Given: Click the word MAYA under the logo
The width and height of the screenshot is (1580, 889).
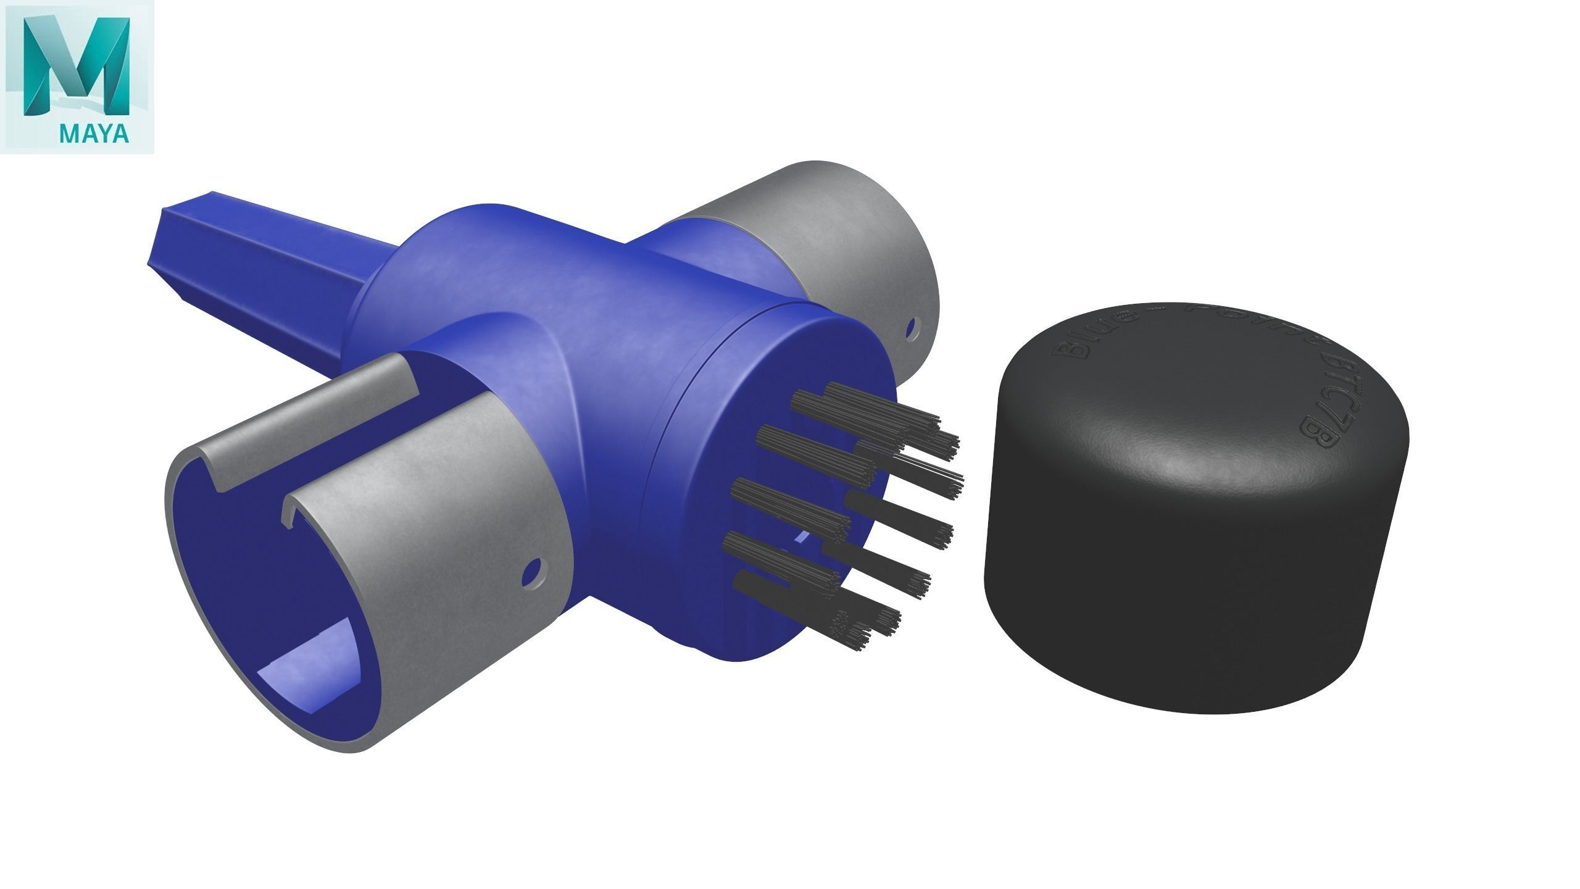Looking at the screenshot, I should pos(94,134).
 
